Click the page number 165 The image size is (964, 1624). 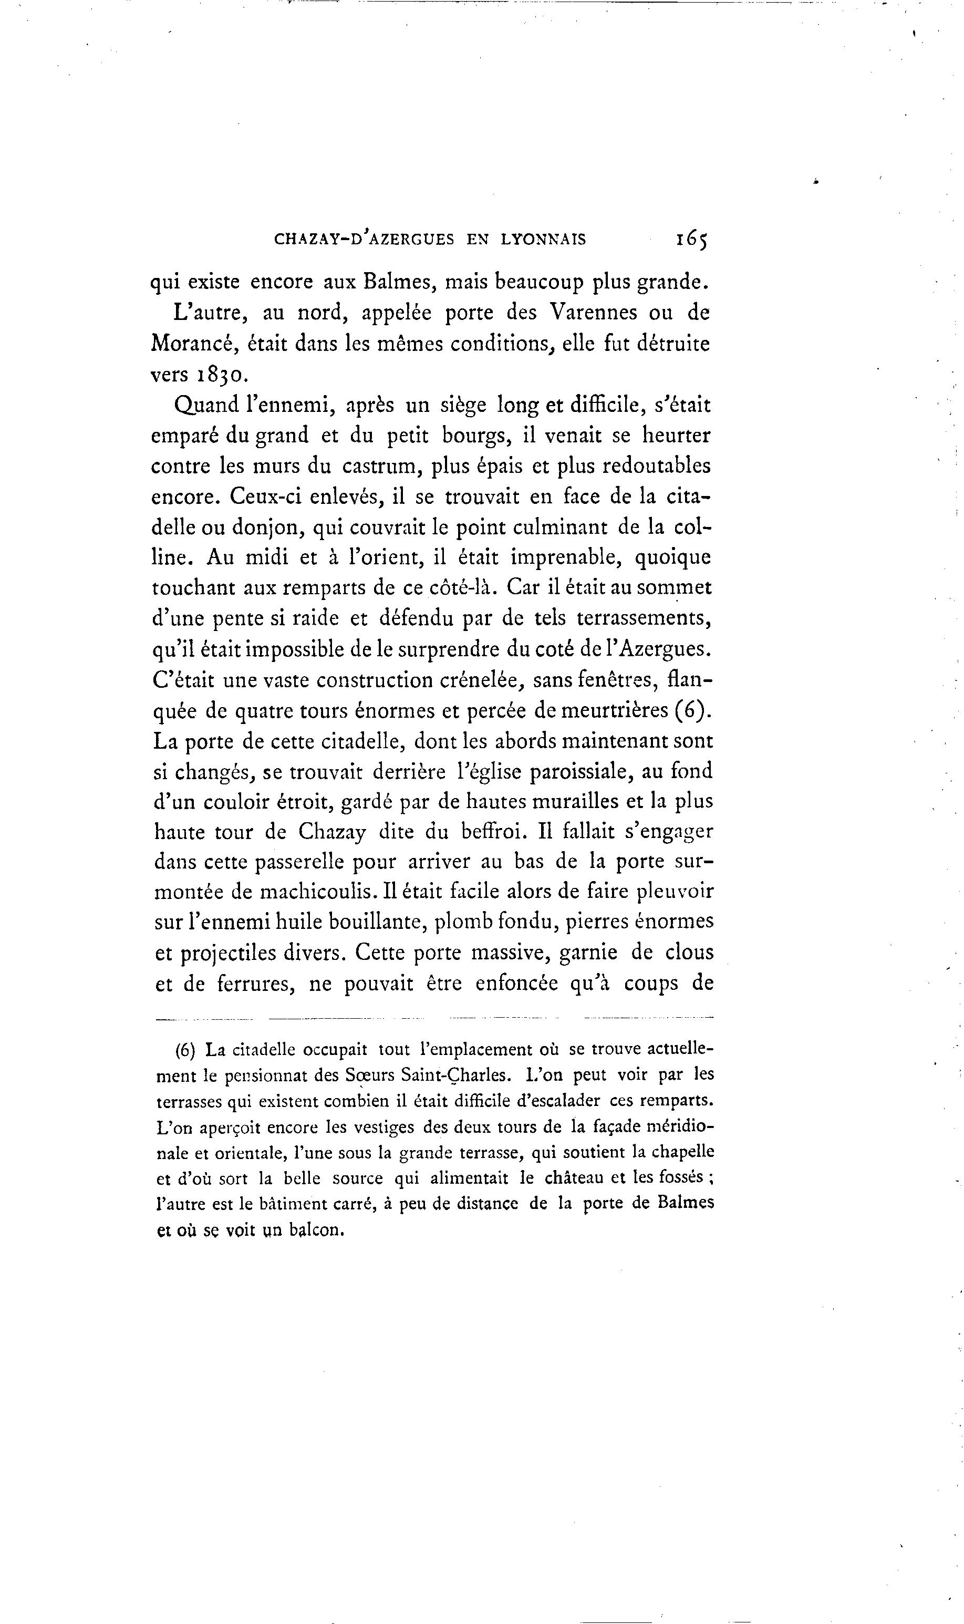coord(691,239)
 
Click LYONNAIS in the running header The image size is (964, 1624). coord(543,240)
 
